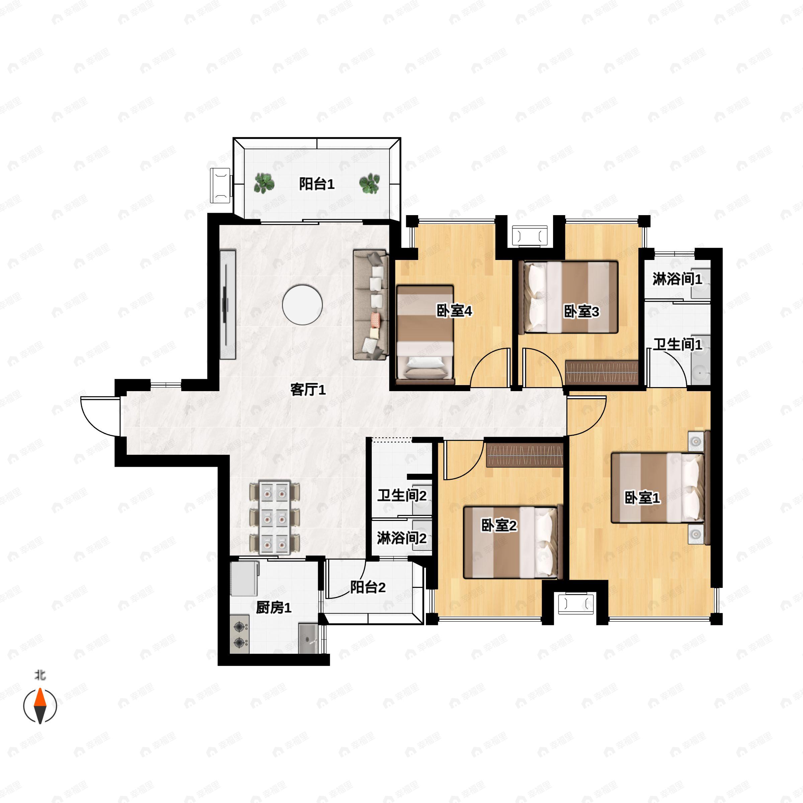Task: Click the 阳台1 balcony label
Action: pyautogui.click(x=317, y=184)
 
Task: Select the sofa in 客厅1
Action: pyautogui.click(x=370, y=305)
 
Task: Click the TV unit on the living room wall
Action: pyautogui.click(x=228, y=305)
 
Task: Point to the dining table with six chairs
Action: pyautogui.click(x=274, y=518)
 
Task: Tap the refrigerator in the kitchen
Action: pyautogui.click(x=244, y=578)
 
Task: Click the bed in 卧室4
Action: pyautogui.click(x=425, y=335)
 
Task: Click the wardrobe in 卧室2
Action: pyautogui.click(x=525, y=455)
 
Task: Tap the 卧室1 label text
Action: pyautogui.click(x=642, y=498)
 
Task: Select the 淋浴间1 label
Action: pyautogui.click(x=677, y=279)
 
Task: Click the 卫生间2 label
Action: pyautogui.click(x=402, y=496)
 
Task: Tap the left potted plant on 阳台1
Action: pyautogui.click(x=264, y=183)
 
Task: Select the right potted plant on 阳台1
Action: pyautogui.click(x=369, y=183)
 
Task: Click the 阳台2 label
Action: pyautogui.click(x=368, y=587)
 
